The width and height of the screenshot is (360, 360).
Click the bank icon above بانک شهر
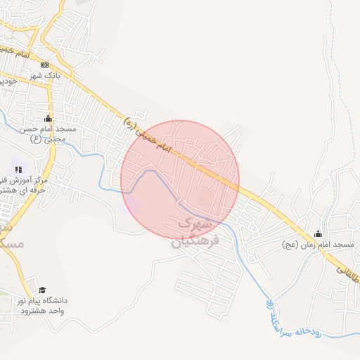coord(44,65)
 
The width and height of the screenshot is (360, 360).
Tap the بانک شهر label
coord(45,75)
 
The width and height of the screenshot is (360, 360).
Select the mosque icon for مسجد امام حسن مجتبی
coord(48,119)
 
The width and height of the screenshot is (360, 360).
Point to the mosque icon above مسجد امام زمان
coord(318,233)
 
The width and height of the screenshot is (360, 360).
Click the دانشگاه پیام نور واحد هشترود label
coord(43,306)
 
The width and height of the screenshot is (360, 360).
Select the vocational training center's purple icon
coord(18,169)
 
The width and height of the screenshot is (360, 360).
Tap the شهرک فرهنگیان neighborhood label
coord(195,232)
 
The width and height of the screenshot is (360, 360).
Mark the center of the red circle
coord(180,179)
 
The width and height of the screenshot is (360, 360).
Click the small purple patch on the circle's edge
coord(131,205)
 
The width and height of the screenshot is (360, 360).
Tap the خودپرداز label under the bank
coord(8,82)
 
